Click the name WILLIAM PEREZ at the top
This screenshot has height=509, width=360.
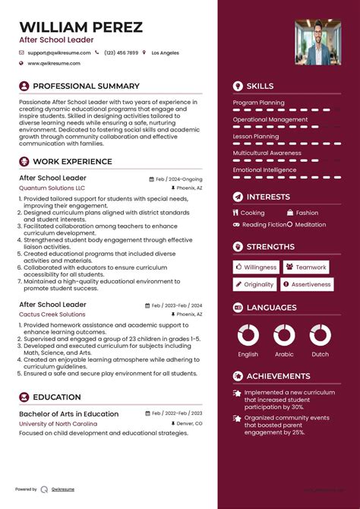[81, 27]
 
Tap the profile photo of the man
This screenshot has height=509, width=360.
[317, 41]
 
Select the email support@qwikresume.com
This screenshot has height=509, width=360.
[59, 53]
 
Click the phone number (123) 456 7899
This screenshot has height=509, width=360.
[122, 53]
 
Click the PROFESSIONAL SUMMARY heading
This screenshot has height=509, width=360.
[86, 87]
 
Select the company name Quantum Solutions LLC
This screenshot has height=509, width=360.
[52, 187]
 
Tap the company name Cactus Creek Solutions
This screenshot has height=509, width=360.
[52, 314]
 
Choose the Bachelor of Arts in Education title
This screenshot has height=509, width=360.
[68, 414]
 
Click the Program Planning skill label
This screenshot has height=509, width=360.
[259, 102]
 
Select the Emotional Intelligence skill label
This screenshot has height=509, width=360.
[264, 170]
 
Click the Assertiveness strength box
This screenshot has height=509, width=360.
[307, 284]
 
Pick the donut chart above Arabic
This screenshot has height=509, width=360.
[284, 335]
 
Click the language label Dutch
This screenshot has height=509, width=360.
[321, 354]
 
